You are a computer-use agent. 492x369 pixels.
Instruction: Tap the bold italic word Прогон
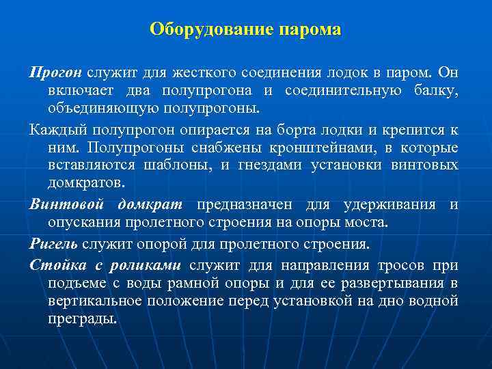pyautogui.click(x=55, y=73)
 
